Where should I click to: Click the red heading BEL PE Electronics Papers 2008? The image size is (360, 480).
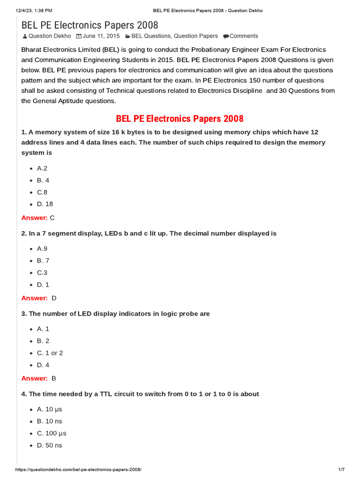coord(180,119)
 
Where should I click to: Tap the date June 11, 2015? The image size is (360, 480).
coord(101,36)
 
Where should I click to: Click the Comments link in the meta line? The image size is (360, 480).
coord(244,36)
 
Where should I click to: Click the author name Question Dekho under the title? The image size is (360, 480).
coord(50,36)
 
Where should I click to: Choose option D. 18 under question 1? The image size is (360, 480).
coord(45,204)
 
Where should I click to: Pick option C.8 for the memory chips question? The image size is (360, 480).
coord(42,192)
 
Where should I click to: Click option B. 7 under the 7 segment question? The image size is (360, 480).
coord(43,261)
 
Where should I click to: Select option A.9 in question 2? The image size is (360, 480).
coord(42,249)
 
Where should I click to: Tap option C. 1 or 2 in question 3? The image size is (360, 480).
coord(50,353)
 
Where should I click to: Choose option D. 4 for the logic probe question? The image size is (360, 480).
coord(43,365)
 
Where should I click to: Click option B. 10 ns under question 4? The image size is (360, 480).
coord(49,421)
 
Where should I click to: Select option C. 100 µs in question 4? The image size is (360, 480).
coord(52,433)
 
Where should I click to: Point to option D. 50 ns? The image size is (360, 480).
coord(49,445)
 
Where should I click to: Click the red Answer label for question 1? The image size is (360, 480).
coord(34,217)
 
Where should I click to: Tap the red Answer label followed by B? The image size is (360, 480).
coord(34,378)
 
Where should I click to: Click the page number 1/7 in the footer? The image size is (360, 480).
coord(341,470)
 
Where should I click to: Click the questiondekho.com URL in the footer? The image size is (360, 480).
coord(79,470)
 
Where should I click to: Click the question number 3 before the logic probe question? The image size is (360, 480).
coord(23,314)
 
